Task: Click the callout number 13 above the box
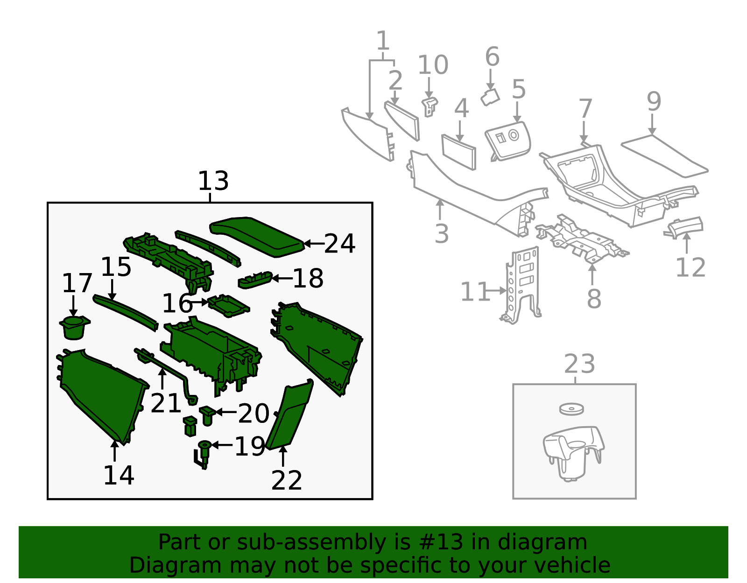click(213, 181)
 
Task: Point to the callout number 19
click(250, 446)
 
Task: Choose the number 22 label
click(286, 480)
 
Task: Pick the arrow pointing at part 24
click(314, 244)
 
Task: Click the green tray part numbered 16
click(229, 305)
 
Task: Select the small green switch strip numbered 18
click(255, 280)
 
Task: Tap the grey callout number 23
click(579, 364)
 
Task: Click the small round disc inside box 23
click(571, 409)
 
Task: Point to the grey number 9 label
click(654, 101)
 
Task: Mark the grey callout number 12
click(691, 267)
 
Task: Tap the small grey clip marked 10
click(430, 106)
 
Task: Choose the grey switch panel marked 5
click(508, 141)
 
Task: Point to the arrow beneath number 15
click(112, 290)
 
